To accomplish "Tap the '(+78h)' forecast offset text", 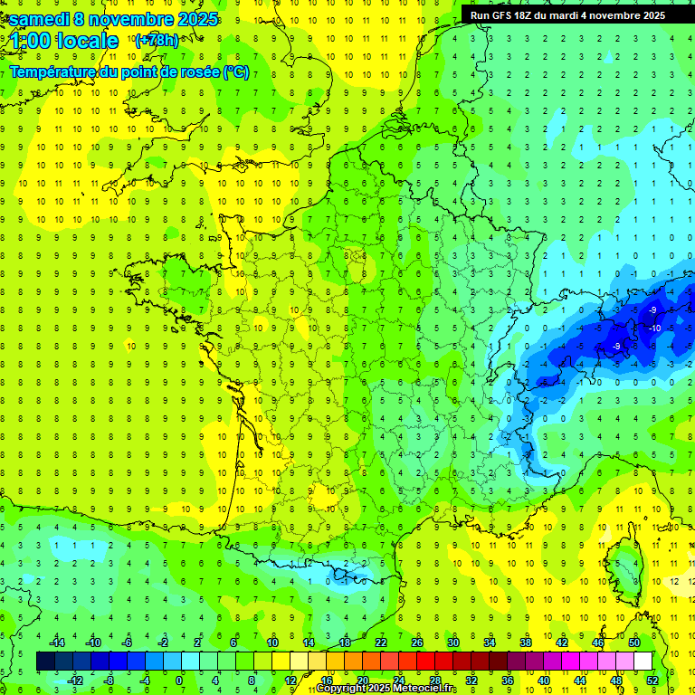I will (157, 40).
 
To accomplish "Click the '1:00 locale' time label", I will (64, 41).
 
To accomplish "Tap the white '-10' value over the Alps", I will (654, 328).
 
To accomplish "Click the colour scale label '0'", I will (178, 680).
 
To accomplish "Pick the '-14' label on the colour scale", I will (57, 643).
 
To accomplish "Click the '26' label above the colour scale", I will (417, 643).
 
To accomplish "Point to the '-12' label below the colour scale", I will (76, 680).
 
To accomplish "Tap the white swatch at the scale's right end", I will (643, 661).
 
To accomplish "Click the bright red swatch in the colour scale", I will (425, 661).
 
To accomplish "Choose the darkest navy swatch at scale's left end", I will (45, 661).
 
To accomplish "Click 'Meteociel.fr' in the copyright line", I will (424, 689).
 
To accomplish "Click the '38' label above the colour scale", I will (526, 643).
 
